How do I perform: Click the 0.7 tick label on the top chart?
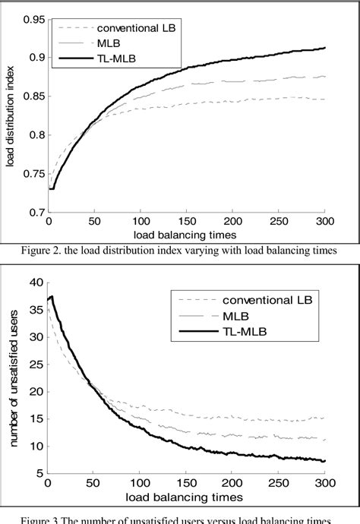[x=31, y=213]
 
